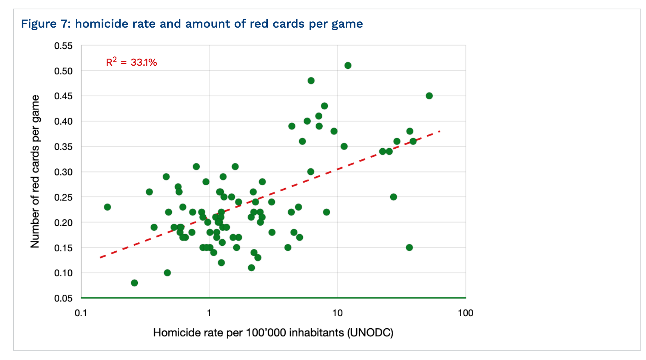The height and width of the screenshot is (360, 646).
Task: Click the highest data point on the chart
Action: pyautogui.click(x=348, y=65)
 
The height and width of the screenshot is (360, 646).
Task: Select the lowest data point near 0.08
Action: pyautogui.click(x=134, y=283)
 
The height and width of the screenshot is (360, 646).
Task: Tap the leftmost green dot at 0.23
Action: pyautogui.click(x=108, y=207)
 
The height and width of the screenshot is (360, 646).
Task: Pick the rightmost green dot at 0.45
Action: pyautogui.click(x=429, y=96)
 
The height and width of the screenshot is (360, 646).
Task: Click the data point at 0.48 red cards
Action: pyautogui.click(x=311, y=81)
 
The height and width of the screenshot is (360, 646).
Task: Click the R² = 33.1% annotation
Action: pyautogui.click(x=131, y=62)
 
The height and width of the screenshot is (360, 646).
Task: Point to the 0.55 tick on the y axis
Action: pyautogui.click(x=63, y=46)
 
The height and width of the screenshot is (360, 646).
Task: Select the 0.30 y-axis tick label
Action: pyautogui.click(x=63, y=172)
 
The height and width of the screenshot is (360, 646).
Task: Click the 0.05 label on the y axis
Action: pyautogui.click(x=63, y=298)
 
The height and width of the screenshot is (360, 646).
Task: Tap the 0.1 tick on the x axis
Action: pyautogui.click(x=81, y=313)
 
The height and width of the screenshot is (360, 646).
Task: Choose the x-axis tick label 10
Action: pyautogui.click(x=337, y=313)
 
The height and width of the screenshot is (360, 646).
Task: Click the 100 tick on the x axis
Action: pyautogui.click(x=465, y=313)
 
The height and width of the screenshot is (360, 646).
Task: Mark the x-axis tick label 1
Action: pyautogui.click(x=209, y=313)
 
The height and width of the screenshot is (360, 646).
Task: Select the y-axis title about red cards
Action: pyautogui.click(x=35, y=171)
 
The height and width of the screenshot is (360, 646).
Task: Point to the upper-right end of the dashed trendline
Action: pyautogui.click(x=440, y=131)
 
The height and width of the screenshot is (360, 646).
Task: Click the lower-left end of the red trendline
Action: pyautogui.click(x=100, y=257)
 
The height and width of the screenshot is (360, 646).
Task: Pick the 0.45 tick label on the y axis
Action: pyautogui.click(x=63, y=96)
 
